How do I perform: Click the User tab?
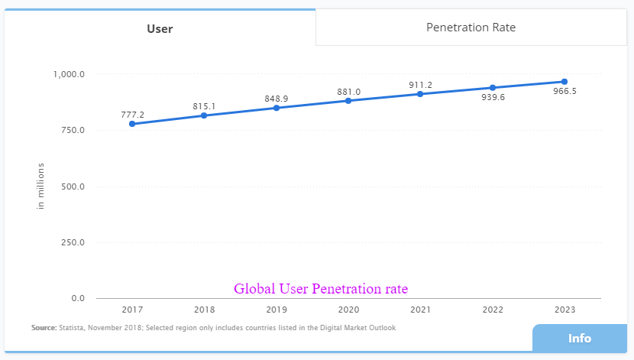tap(160, 29)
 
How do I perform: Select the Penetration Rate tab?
tap(471, 28)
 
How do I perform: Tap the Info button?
tap(579, 339)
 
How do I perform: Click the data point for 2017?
tap(132, 124)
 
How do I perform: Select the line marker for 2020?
tap(348, 101)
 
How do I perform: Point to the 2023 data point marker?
tap(564, 82)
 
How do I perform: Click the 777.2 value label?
tap(132, 115)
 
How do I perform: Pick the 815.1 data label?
tap(204, 106)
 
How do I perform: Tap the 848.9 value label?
tap(276, 99)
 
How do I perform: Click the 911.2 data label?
tap(420, 85)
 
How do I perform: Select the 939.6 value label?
tap(493, 97)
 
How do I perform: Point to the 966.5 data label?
tap(564, 91)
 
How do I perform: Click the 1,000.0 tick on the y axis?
tap(69, 74)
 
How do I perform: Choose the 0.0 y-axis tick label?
tap(78, 298)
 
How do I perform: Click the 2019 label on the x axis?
tap(276, 310)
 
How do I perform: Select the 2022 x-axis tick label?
tap(493, 310)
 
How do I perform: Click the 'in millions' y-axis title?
tap(41, 186)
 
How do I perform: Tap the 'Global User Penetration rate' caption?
tap(321, 289)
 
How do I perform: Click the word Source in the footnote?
tap(44, 328)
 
